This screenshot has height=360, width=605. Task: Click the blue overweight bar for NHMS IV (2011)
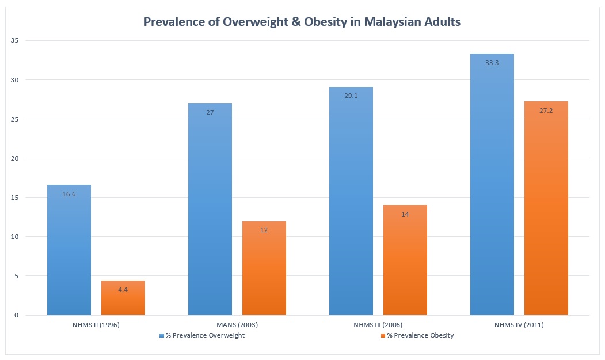coord(492,190)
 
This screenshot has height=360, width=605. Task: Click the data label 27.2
coord(546,111)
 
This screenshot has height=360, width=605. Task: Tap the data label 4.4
coord(123,290)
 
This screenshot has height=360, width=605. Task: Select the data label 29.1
coord(351,96)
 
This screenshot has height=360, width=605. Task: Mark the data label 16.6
coord(69,194)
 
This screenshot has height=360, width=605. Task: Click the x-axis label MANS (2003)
coord(237,325)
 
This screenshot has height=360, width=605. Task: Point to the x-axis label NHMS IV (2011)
coord(519,325)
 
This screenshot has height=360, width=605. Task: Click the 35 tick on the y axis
coord(14,41)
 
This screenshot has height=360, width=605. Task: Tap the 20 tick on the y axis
coord(14,158)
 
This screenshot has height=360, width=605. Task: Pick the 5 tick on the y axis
coord(16,276)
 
